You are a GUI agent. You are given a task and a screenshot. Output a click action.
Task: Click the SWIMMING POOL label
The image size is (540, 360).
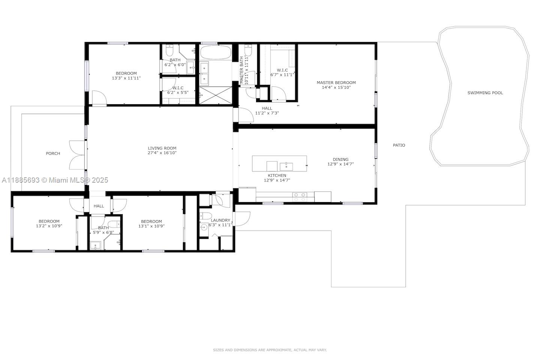tap(485, 93)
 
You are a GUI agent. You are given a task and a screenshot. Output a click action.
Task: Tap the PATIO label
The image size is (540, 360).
tap(399, 145)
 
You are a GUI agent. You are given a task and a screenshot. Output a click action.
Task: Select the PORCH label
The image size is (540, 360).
tap(53, 153)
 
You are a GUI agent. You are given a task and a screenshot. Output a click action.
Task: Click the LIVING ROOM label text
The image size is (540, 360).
tap(162, 148)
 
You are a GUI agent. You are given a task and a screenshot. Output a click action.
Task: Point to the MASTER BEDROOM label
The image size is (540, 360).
tap(336, 82)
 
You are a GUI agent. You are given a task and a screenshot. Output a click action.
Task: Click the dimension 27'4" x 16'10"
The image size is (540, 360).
tap(162, 153)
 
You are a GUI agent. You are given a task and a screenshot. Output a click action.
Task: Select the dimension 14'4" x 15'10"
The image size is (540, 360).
tap(336, 87)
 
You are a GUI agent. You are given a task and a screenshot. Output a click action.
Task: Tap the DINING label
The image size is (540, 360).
tap(340, 159)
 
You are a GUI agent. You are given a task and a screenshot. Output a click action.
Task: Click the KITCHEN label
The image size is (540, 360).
tap(277, 175)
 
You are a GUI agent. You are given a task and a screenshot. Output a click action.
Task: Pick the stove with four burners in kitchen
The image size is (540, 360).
tap(300, 197)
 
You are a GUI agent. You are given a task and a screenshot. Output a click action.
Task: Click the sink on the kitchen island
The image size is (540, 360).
tap(288, 165)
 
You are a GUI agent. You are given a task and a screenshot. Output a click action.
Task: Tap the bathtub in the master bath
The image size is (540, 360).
tap(215, 52)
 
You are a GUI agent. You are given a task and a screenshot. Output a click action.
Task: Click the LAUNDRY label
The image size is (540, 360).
tap(220, 220)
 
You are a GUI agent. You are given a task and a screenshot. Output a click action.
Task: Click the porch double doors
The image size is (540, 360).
tap(77, 154)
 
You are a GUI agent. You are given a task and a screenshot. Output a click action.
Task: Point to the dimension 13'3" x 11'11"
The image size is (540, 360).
tap(126, 78)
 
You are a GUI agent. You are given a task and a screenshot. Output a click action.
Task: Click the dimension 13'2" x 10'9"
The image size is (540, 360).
tap(49, 226)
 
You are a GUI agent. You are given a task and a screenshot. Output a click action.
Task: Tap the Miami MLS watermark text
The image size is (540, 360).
tap(55, 180)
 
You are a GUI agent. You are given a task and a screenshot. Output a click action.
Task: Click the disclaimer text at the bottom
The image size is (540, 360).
tap(270, 350)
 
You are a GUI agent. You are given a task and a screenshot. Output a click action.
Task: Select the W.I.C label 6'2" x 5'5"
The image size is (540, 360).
tap(178, 92)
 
